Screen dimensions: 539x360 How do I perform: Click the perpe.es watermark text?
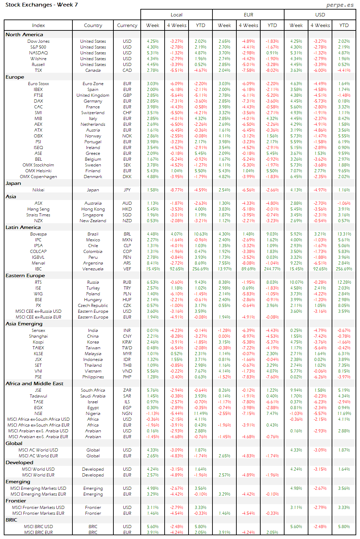click(x=340, y=5)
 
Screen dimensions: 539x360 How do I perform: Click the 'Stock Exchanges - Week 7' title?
click(x=42, y=5)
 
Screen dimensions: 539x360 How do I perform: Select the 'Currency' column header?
click(x=127, y=25)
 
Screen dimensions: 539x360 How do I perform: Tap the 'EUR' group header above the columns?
click(x=248, y=15)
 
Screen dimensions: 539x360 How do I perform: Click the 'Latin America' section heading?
click(x=23, y=227)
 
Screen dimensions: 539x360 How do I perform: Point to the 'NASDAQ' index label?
click(x=38, y=53)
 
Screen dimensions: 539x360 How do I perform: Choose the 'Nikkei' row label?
click(x=38, y=190)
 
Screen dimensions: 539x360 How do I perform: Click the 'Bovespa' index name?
click(x=38, y=234)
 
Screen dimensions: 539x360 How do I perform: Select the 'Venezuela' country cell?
click(x=93, y=269)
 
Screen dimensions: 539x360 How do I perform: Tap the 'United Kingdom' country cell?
click(x=93, y=95)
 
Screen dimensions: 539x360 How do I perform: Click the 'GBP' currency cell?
click(x=127, y=95)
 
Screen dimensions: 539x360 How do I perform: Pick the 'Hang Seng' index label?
click(x=38, y=209)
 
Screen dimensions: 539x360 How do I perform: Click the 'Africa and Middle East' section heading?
click(x=34, y=383)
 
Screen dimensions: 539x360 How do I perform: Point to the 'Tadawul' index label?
click(x=38, y=396)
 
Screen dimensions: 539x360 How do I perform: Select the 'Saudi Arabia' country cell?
click(x=93, y=396)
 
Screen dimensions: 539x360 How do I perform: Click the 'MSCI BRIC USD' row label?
click(x=38, y=527)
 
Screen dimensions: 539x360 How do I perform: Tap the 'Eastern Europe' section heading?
click(x=25, y=275)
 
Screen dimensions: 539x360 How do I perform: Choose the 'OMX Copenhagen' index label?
click(x=38, y=177)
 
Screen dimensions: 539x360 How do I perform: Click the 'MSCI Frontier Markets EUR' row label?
click(x=38, y=513)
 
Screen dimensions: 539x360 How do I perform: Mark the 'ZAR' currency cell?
click(x=127, y=390)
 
